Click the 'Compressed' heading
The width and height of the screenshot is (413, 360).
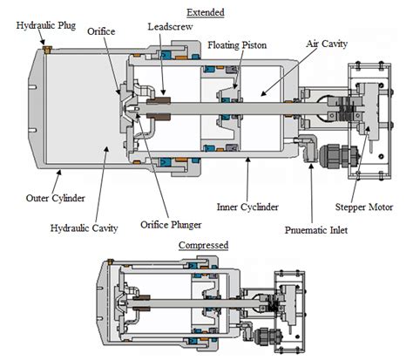(x=203, y=245)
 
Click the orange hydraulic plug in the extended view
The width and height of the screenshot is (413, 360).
(x=48, y=51)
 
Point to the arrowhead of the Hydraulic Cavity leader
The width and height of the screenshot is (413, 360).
(x=108, y=147)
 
